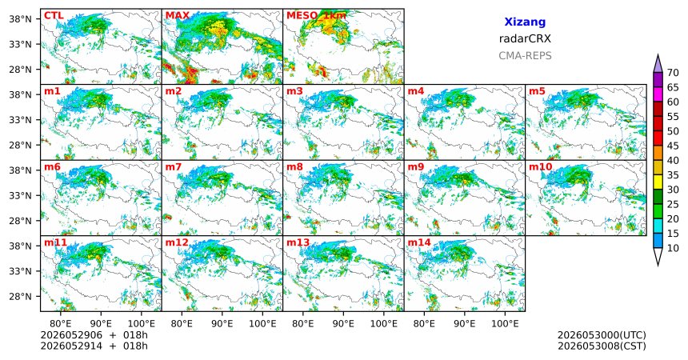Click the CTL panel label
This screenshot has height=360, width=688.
(54, 16)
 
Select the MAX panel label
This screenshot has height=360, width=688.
(178, 16)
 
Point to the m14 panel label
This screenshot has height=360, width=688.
(419, 242)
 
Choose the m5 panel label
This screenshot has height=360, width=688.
(538, 91)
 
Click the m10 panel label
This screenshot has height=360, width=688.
(541, 167)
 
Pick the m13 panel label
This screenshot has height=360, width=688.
(298, 242)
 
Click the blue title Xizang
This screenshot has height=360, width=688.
(525, 22)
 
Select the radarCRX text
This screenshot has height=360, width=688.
(525, 38)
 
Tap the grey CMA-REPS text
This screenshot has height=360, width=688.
(525, 56)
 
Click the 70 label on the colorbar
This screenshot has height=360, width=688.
(673, 73)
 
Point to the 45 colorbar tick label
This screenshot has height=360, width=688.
(673, 146)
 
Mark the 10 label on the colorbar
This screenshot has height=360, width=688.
(673, 248)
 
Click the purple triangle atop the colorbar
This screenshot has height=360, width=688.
(658, 64)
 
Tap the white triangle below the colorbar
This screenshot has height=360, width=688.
(658, 256)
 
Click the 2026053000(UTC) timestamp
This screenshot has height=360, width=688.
(602, 335)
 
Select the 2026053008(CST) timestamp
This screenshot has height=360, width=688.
(602, 346)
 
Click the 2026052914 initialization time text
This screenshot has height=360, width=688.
(71, 346)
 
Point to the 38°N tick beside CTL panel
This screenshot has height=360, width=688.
(20, 19)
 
